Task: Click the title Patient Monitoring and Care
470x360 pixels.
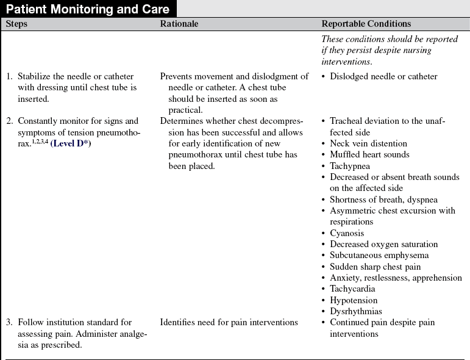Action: click(88, 9)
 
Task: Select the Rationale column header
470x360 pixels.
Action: click(179, 24)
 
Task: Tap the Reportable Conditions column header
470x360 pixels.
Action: click(366, 24)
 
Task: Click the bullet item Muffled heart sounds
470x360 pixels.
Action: click(369, 154)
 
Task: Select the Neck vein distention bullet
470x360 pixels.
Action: click(369, 143)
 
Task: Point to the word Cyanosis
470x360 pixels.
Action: click(347, 233)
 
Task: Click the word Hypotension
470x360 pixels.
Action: click(354, 300)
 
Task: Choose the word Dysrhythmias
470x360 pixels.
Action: click(355, 311)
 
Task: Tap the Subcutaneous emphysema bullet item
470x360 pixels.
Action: click(379, 255)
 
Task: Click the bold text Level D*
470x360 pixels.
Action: click(70, 143)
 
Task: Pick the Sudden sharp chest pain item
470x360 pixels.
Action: click(375, 267)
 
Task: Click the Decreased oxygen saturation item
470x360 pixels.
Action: click(383, 244)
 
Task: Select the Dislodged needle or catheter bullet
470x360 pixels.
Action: click(383, 76)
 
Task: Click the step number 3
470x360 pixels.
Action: click(9, 322)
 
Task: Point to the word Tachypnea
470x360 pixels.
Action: click(350, 166)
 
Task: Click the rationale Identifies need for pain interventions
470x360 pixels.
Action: click(229, 322)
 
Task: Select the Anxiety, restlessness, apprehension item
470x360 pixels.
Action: click(396, 278)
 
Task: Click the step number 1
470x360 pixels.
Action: click(9, 76)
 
